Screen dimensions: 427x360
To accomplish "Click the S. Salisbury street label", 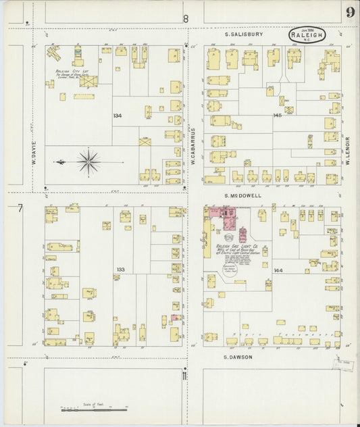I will click(x=244, y=33).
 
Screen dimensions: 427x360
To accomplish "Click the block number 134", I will click(x=118, y=116).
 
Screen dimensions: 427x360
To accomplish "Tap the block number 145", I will click(x=277, y=116).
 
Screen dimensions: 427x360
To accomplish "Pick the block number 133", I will click(x=120, y=270).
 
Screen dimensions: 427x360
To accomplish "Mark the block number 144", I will click(x=278, y=270).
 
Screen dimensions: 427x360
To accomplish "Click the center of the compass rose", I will click(x=88, y=162).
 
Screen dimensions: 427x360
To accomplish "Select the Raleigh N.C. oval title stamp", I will click(x=307, y=34).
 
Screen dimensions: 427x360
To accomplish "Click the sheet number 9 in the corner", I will click(x=350, y=11).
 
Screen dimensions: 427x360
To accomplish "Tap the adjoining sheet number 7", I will click(x=20, y=208).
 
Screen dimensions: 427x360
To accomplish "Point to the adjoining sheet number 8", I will click(x=186, y=19).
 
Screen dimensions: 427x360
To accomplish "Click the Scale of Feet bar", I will click(x=95, y=409).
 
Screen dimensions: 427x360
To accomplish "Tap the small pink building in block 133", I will click(x=175, y=318).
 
